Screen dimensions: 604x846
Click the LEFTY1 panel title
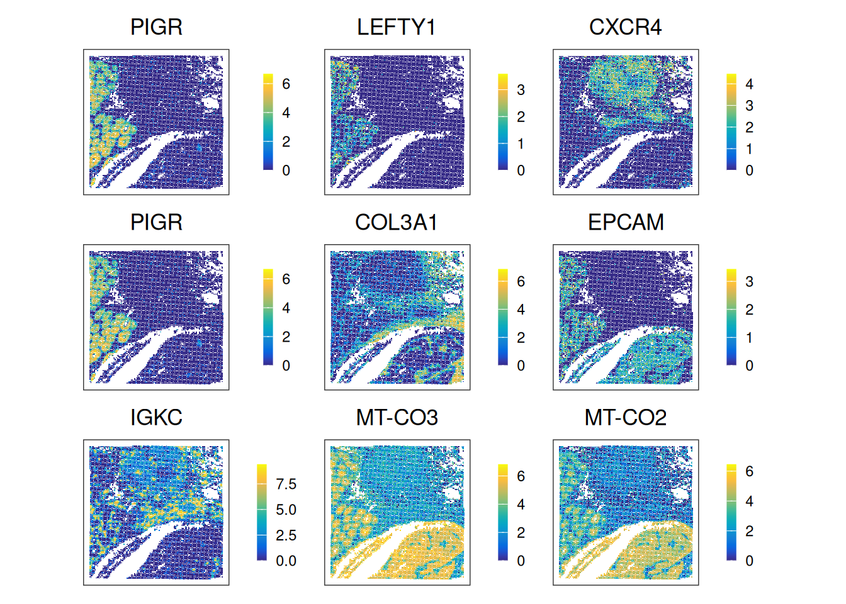point(397,27)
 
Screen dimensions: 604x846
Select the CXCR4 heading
point(625,27)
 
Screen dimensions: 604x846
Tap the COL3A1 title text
point(397,222)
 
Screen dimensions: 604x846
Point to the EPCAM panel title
point(626,222)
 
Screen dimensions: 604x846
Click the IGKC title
point(156,417)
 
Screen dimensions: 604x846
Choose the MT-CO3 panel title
point(397,417)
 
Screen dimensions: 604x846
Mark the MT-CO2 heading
point(625,417)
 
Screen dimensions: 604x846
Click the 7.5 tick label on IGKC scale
point(286,484)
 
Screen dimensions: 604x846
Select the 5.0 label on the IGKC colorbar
point(286,510)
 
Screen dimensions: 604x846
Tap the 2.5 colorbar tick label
point(286,535)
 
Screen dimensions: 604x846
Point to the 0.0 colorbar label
point(286,561)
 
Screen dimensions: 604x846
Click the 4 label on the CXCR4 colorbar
point(749,84)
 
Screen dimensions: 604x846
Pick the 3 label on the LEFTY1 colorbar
point(521,90)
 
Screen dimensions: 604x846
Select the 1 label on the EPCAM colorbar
point(749,338)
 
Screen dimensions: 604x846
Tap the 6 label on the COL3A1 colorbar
point(521,281)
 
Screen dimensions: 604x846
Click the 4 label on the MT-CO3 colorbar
point(521,505)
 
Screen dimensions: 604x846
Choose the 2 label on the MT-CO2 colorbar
point(749,531)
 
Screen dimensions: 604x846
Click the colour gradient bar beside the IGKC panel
point(262,512)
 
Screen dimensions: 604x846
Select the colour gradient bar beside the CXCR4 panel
point(731,122)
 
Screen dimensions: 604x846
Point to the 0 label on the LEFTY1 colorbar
point(521,171)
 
